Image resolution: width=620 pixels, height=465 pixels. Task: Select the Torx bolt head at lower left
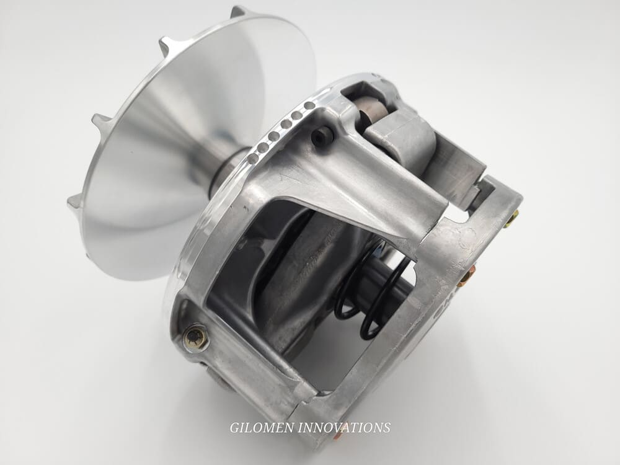click(196, 337)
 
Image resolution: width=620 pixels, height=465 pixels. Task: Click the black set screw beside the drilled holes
click(321, 138)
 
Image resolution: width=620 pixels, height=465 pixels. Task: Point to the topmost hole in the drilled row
click(309, 105)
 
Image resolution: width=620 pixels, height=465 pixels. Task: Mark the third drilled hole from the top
click(285, 123)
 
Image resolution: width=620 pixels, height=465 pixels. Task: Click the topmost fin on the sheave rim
click(237, 11)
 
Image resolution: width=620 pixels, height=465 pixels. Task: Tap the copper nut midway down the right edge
click(466, 277)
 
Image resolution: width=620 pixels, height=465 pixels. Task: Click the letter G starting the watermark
click(234, 427)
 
